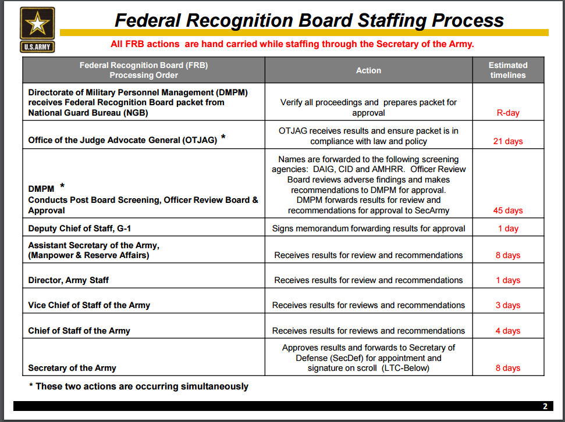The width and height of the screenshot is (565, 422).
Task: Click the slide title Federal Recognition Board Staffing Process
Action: point(309,20)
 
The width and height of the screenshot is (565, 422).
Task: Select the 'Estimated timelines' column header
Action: point(508,70)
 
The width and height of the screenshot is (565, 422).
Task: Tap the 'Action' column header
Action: point(368,70)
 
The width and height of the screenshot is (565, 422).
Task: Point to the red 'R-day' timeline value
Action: point(508,113)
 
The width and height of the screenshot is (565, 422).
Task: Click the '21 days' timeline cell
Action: point(508,141)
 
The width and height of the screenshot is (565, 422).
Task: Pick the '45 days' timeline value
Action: point(508,210)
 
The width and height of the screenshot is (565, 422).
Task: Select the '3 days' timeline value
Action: point(508,305)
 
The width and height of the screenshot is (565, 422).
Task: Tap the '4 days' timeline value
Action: point(508,331)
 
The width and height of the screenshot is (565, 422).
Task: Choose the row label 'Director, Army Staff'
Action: point(69,280)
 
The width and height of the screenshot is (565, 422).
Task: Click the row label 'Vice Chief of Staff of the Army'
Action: point(89,305)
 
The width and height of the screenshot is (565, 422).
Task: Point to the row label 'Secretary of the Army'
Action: point(72,368)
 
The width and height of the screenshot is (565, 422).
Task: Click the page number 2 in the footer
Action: point(545,406)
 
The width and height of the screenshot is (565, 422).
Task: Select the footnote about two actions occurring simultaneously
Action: point(138,386)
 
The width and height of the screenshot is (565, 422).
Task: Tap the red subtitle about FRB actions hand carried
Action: point(292,44)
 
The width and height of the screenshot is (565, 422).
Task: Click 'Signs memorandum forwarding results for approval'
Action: point(368,228)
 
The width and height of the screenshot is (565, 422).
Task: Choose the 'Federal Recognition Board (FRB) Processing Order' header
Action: point(144,70)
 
